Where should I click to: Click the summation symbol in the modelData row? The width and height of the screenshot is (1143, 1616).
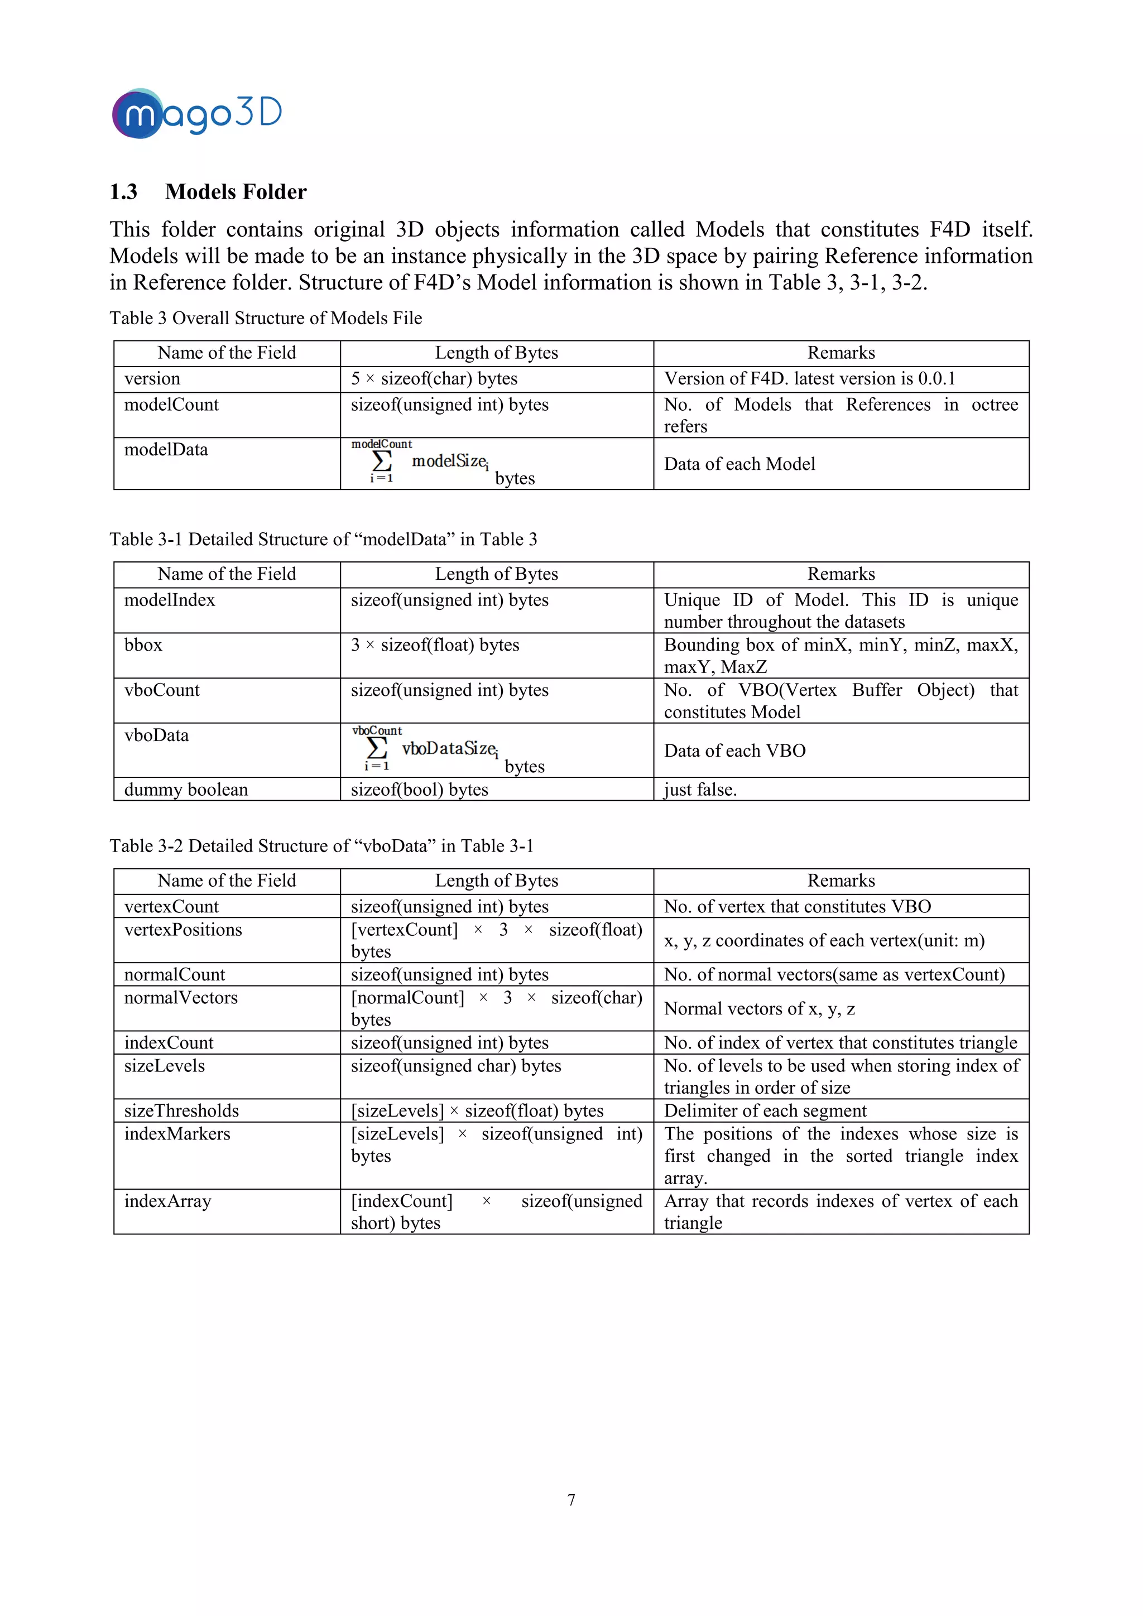(382, 461)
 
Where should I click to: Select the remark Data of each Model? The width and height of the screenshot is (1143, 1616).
(739, 464)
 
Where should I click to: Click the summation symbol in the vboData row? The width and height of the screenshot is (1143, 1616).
(377, 748)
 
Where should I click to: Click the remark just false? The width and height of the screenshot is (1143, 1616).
(700, 790)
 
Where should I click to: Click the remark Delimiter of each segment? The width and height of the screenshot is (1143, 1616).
(765, 1110)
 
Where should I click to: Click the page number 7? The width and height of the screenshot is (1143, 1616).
(571, 1500)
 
